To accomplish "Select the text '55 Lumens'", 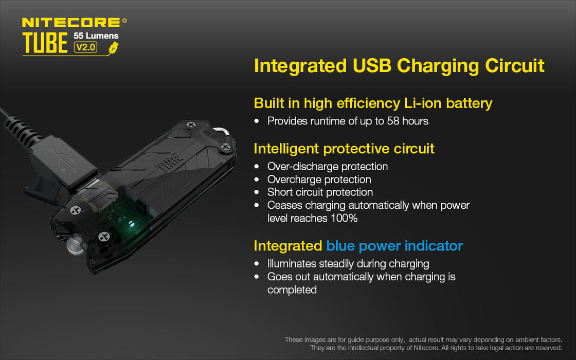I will click(x=96, y=36).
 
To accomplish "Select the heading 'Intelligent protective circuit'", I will click(x=344, y=149).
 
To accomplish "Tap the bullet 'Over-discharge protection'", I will click(x=327, y=167).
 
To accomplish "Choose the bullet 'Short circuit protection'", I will click(x=320, y=192).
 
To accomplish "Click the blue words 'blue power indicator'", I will click(x=394, y=246).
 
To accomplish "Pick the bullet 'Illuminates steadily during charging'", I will click(x=348, y=264).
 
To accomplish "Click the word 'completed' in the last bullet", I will click(x=292, y=290).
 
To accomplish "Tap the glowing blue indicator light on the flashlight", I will click(x=131, y=224).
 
